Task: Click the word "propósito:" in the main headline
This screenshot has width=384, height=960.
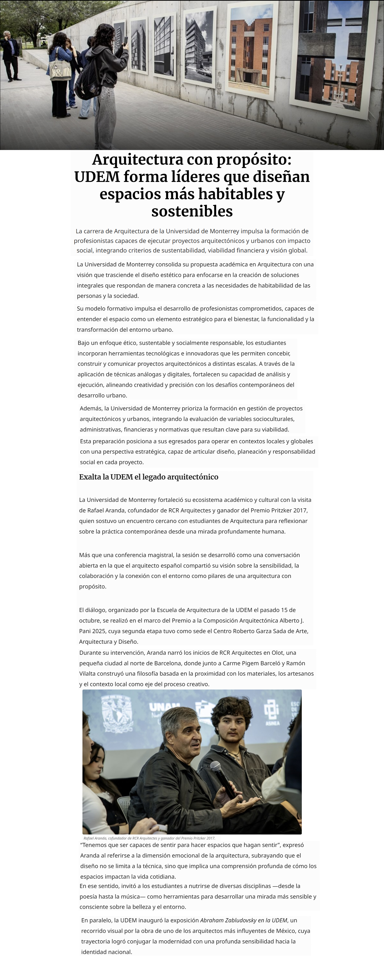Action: [254, 160]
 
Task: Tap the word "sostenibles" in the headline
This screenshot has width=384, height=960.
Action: [192, 211]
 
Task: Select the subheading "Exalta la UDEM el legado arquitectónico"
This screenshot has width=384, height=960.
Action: [148, 477]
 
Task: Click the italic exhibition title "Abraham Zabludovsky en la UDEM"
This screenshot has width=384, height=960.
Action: [243, 920]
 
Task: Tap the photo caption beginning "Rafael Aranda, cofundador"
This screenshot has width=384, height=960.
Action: [149, 838]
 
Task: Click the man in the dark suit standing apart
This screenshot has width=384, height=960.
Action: [10, 56]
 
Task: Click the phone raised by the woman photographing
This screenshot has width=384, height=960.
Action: [126, 40]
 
